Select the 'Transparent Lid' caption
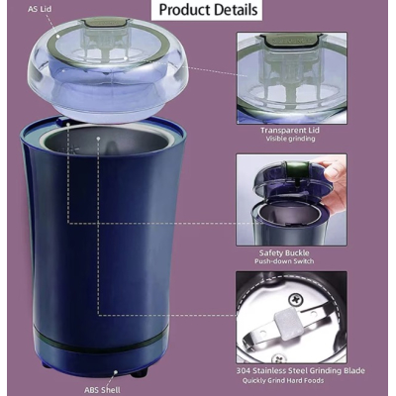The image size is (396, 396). click(x=290, y=129)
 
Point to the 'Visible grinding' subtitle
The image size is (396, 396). click(x=290, y=140)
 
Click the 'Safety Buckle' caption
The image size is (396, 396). click(x=290, y=252)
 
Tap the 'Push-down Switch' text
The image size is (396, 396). click(x=290, y=263)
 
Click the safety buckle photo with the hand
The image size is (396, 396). click(x=291, y=198)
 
